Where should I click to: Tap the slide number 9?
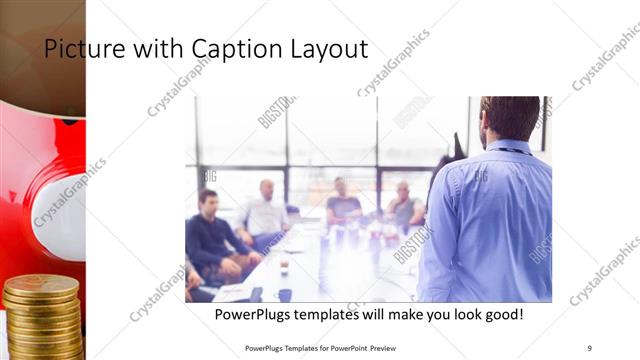pyautogui.click(x=589, y=347)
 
